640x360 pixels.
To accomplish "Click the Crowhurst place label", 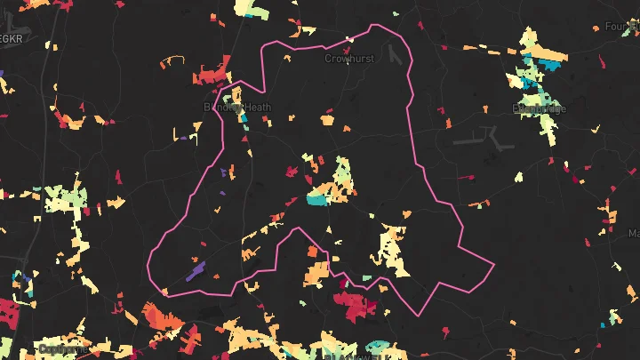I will click(x=349, y=59).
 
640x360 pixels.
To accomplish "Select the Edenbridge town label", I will click(x=539, y=108).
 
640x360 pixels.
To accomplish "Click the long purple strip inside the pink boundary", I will click(x=196, y=269).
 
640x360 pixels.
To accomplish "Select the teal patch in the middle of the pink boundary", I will click(x=316, y=198).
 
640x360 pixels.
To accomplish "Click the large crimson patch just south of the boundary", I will click(x=356, y=305).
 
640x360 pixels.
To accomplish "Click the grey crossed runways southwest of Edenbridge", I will click(x=485, y=139).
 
